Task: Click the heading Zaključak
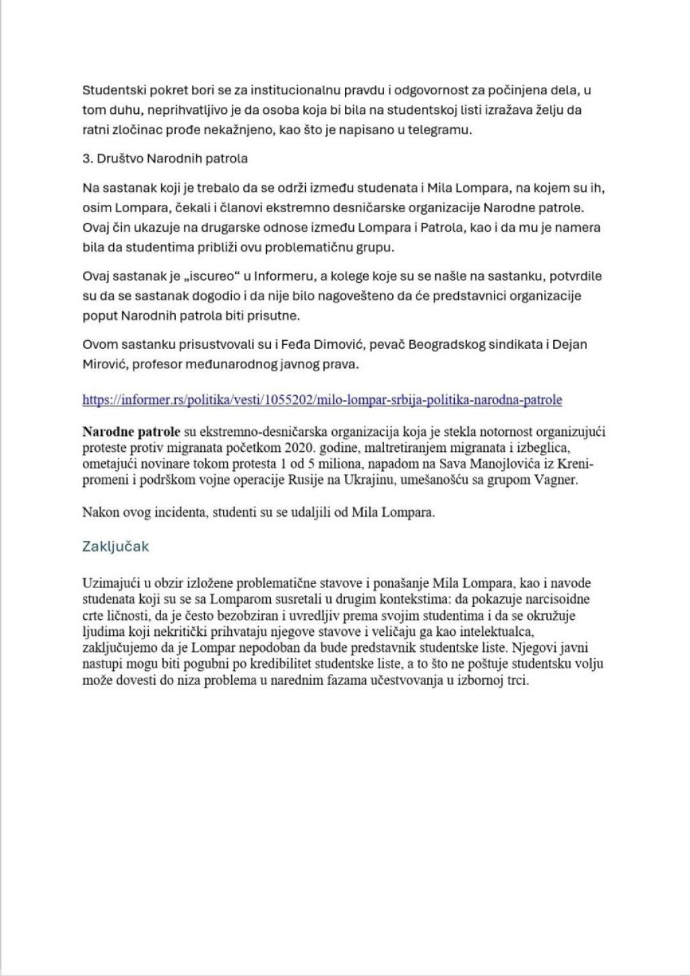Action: (x=115, y=546)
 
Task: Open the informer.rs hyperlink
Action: (x=322, y=399)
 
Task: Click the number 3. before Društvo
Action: (x=87, y=159)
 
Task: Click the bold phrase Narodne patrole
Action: (x=131, y=432)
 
